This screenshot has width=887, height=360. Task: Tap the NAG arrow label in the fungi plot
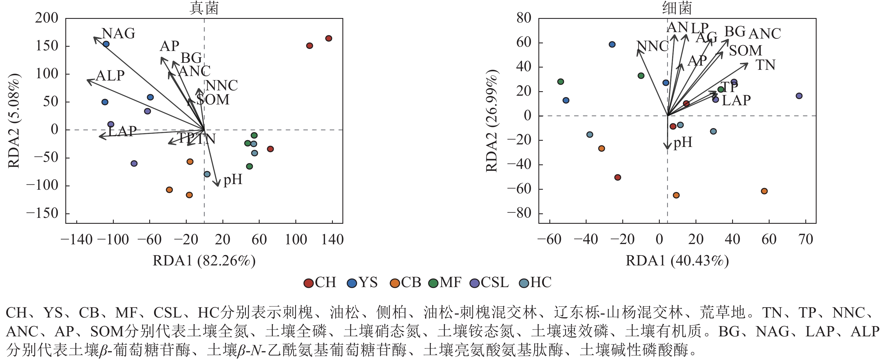pos(119,34)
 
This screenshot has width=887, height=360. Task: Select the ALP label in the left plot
pos(110,76)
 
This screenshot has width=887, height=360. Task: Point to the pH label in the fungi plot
pos(233,180)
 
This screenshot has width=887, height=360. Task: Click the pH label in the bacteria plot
pos(683,142)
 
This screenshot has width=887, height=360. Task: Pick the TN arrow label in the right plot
pos(765,65)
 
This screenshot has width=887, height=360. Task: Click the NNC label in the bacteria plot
pos(652,46)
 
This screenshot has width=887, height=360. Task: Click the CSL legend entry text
pos(494,283)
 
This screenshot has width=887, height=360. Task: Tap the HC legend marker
pos(524,283)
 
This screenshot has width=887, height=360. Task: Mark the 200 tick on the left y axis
pos(47,18)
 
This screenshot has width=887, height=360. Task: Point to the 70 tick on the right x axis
pos(805,240)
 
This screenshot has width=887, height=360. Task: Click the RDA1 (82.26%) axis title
pos(204,261)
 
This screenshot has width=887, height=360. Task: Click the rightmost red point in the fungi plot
pos(329,38)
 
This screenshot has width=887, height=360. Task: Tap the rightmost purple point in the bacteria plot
pos(799,96)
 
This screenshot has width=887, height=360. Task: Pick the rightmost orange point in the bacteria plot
pos(764,191)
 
